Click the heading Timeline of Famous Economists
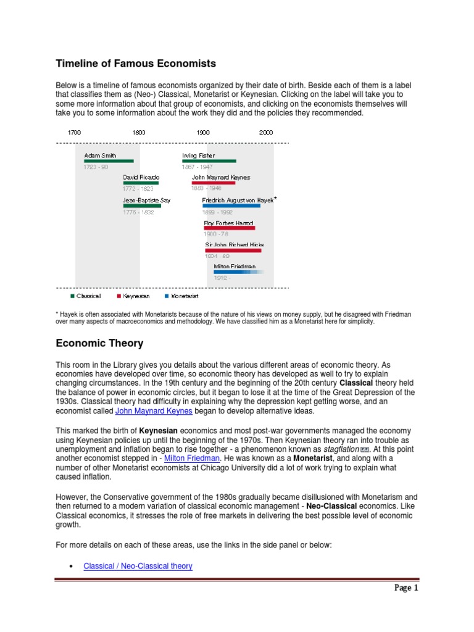(x=136, y=63)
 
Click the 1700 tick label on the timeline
(x=74, y=133)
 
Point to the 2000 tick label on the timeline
(x=266, y=133)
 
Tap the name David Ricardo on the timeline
(x=141, y=177)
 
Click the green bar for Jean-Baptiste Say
(x=142, y=206)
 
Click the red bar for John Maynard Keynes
(x=214, y=183)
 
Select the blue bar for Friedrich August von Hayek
(x=231, y=206)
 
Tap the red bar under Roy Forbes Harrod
(x=229, y=228)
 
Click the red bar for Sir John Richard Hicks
(x=233, y=251)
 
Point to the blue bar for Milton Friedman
(x=238, y=272)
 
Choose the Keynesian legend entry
(x=133, y=296)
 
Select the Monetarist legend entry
(x=181, y=296)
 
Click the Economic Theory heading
(x=99, y=343)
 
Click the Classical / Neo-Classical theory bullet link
(x=138, y=565)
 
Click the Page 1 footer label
(x=407, y=588)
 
